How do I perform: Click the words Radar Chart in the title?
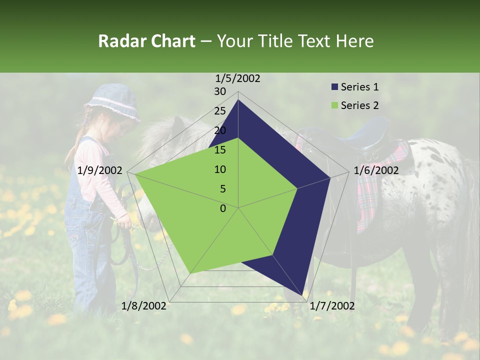coord(146,41)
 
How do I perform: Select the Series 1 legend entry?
coord(359,87)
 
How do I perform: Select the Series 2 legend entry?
coord(359,105)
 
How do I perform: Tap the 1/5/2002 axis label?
coord(238,78)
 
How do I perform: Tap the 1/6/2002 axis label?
coord(376,170)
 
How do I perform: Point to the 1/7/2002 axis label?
coord(332,305)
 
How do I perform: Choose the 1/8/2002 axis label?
coord(144,305)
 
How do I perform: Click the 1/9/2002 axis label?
coord(100,170)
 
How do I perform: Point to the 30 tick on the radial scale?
coord(220,91)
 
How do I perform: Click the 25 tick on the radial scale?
coord(220,111)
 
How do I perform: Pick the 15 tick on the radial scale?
coord(220,150)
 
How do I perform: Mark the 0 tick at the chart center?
coord(223,208)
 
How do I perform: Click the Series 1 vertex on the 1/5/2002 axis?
coord(238,100)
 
